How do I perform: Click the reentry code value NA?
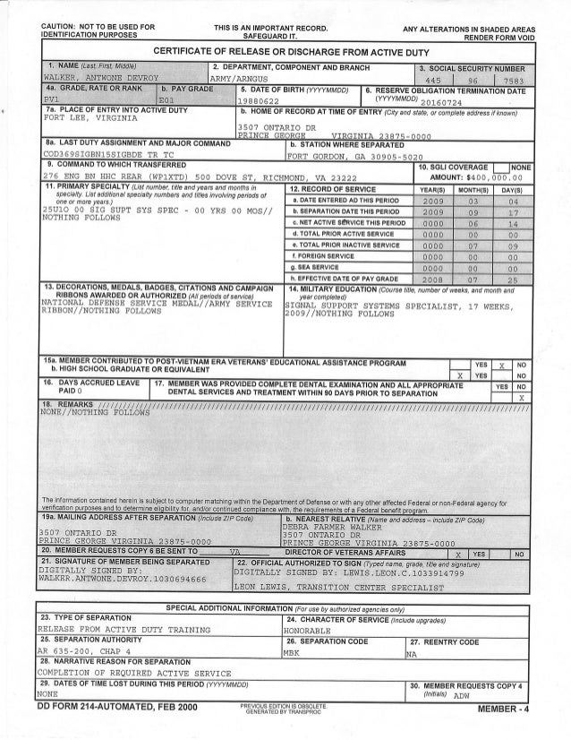pyautogui.click(x=411, y=653)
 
